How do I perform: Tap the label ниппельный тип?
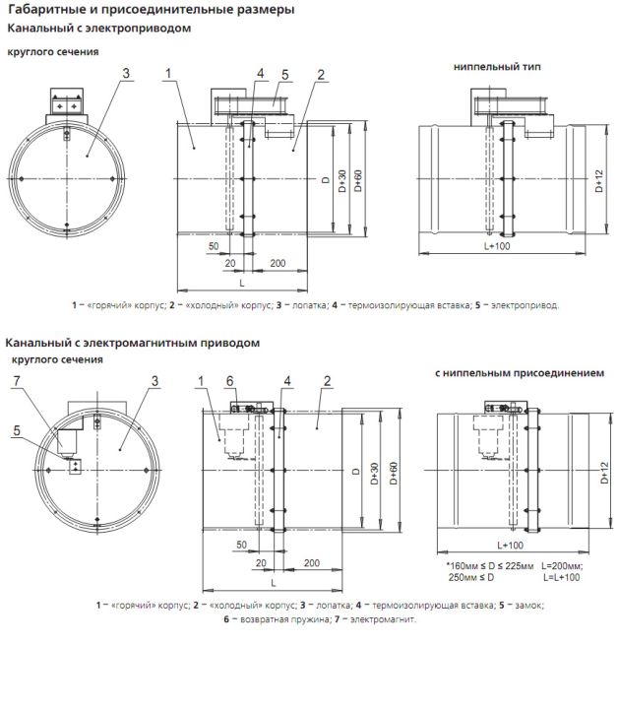(497, 67)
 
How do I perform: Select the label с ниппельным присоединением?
(520, 373)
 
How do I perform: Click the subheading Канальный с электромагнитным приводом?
(133, 344)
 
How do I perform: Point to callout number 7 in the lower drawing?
(17, 381)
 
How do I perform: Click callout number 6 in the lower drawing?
(230, 381)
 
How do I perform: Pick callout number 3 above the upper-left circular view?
(126, 73)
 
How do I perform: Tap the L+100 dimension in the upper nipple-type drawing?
(497, 246)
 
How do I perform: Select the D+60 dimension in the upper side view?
(358, 180)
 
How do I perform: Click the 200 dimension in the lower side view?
(312, 563)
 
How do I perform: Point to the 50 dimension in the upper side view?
(214, 246)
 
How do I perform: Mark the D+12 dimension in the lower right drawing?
(605, 473)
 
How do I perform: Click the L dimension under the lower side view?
(273, 583)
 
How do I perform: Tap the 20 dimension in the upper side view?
(230, 263)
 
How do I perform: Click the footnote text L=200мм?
(562, 566)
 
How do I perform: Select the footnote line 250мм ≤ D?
(471, 577)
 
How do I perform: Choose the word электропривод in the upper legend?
(525, 305)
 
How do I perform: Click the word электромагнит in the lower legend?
(383, 619)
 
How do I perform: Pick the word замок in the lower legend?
(529, 605)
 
